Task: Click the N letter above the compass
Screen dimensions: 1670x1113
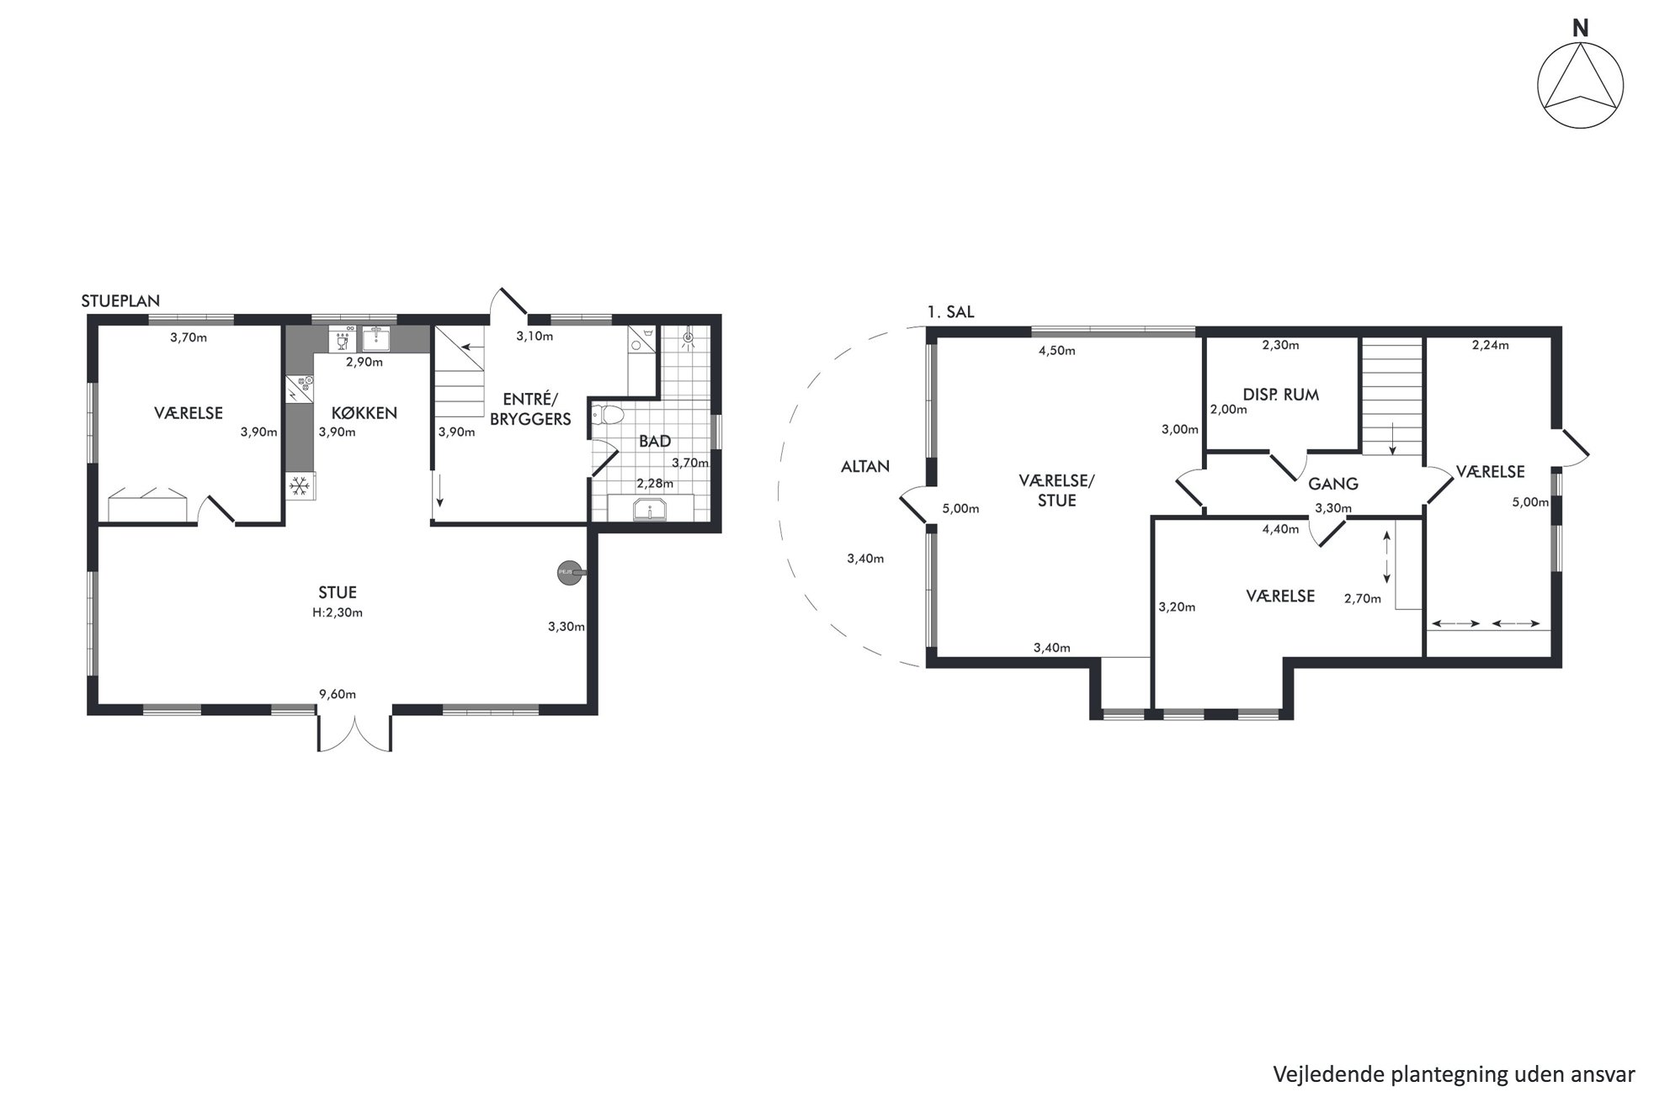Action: [x=1581, y=29]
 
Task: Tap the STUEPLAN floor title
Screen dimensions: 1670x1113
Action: [x=120, y=301]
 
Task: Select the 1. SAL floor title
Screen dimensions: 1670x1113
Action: [x=950, y=312]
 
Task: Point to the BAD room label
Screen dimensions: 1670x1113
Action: [x=655, y=442]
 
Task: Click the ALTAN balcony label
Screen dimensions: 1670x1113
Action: [x=865, y=466]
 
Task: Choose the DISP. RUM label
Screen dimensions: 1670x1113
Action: [x=1280, y=395]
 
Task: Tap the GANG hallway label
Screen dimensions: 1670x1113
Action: [x=1333, y=484]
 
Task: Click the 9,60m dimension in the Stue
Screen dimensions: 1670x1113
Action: [x=337, y=694]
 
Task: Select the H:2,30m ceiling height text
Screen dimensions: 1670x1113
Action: [x=337, y=612]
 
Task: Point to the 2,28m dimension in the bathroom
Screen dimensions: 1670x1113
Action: [x=655, y=484]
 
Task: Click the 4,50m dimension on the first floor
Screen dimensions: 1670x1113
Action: [x=1057, y=351]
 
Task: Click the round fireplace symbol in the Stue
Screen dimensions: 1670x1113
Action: [x=570, y=572]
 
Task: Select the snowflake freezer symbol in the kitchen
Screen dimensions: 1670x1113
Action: [x=299, y=485]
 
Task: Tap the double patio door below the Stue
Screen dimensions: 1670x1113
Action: [x=354, y=732]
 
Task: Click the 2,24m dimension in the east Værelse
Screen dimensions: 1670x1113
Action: [x=1490, y=344]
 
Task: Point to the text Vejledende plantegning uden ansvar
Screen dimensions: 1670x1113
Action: [x=1454, y=1074]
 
